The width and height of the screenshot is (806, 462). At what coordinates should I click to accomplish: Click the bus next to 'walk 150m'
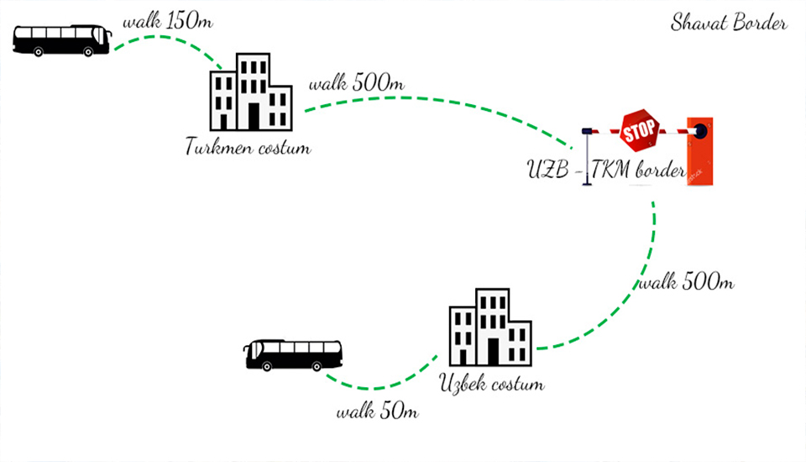tap(62, 39)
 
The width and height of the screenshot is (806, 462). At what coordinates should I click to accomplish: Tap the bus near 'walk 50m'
tap(293, 354)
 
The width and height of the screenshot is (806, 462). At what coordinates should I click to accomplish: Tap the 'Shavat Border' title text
tap(729, 23)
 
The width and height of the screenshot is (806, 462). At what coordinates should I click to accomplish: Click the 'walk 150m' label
tap(168, 20)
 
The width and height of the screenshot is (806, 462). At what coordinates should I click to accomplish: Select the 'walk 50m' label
tap(377, 412)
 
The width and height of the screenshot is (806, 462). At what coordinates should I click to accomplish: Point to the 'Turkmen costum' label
tap(248, 149)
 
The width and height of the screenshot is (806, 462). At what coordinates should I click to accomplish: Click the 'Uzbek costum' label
tap(492, 385)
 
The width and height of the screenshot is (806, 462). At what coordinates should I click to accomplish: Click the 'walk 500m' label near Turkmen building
tap(358, 84)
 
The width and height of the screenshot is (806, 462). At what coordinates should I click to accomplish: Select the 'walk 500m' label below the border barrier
tap(687, 282)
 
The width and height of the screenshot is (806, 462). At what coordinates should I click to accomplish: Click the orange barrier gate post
tap(700, 151)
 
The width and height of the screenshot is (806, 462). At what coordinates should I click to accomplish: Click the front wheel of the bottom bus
tap(267, 367)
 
